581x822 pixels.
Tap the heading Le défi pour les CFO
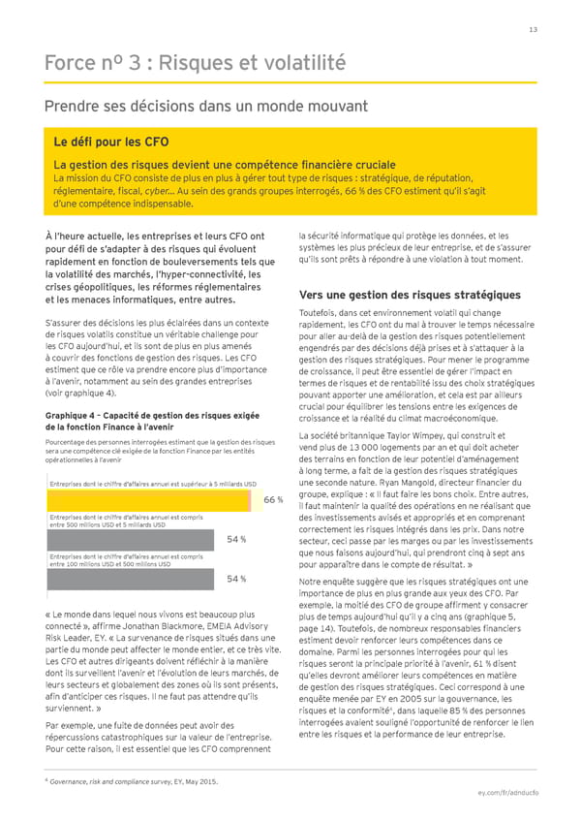(111, 142)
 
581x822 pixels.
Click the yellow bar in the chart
(155, 500)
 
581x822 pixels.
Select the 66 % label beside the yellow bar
(273, 500)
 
